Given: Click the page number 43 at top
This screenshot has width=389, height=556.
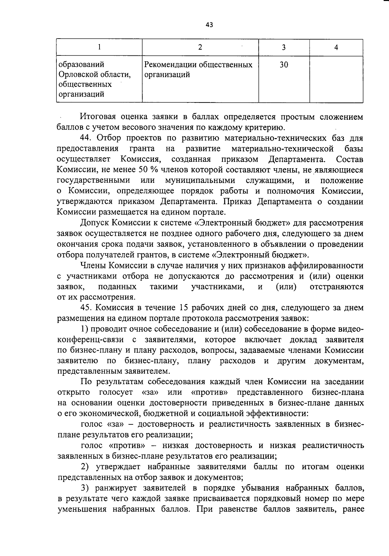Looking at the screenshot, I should pos(209,25).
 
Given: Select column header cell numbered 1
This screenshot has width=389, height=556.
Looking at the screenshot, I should pos(99,47).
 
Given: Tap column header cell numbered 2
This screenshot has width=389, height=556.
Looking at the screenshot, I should pos(200,47).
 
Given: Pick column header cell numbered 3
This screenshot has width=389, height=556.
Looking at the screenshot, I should pos(284,48).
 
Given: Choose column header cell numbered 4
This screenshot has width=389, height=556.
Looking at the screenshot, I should pos(336,48).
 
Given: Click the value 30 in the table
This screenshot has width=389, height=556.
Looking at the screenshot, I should pos(284,65).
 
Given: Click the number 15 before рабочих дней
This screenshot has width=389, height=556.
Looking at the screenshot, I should pos(180,308).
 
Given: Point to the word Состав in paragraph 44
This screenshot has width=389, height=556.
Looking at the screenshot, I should pos(349,160).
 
